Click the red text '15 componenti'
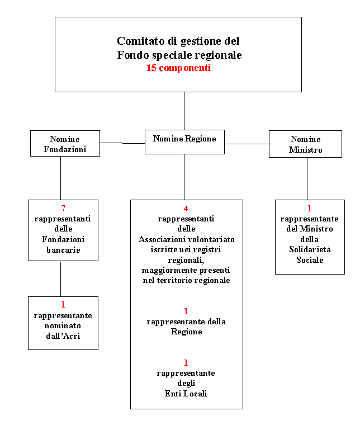pyautogui.click(x=178, y=68)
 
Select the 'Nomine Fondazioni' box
pyautogui.click(x=65, y=143)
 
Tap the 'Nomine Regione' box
pyautogui.click(x=184, y=142)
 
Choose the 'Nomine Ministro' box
pyautogui.click(x=305, y=144)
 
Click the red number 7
pyautogui.click(x=63, y=209)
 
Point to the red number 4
pyautogui.click(x=186, y=209)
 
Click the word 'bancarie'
pyautogui.click(x=63, y=250)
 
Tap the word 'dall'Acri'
pyautogui.click(x=63, y=336)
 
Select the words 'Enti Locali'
pyautogui.click(x=186, y=394)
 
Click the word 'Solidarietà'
pyautogui.click(x=310, y=249)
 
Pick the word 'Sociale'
pyautogui.click(x=310, y=259)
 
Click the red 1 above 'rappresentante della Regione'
pyautogui.click(x=186, y=311)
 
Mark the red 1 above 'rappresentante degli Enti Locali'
pyautogui.click(x=186, y=363)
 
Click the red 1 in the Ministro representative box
pyautogui.click(x=310, y=209)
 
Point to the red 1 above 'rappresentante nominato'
pyautogui.click(x=63, y=305)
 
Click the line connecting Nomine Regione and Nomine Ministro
pyautogui.click(x=248, y=144)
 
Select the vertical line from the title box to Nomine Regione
pyautogui.click(x=184, y=111)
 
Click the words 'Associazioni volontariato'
pyautogui.click(x=187, y=239)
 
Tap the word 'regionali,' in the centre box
pyautogui.click(x=186, y=260)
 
